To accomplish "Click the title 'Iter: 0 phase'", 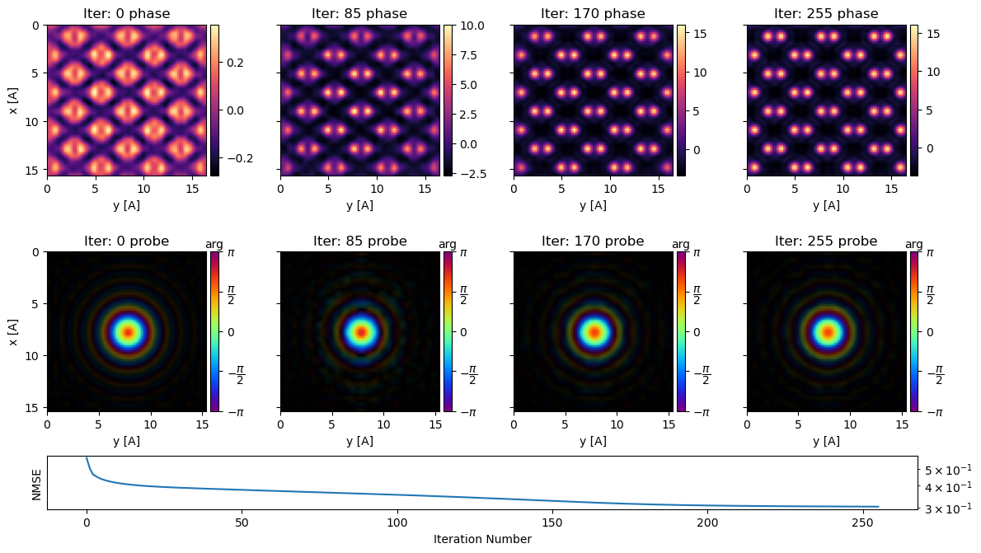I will point(126,14).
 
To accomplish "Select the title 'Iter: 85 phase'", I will point(359,14).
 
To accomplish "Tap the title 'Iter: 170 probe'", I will point(593,241).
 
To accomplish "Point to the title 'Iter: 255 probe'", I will point(826,241).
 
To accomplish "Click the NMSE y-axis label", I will point(36,484).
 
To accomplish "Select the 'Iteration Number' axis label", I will point(482,539).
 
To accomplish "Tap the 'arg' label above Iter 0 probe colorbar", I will point(214,244).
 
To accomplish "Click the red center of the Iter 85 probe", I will point(360,332).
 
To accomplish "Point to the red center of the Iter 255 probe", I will point(827,332).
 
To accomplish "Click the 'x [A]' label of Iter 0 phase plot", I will point(13,100).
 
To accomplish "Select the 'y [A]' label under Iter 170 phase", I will point(593,205).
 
